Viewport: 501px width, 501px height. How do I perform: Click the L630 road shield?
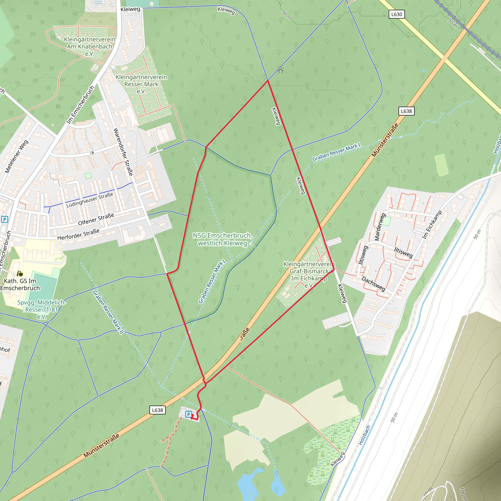(397, 14)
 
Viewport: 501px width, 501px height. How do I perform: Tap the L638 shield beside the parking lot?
(157, 410)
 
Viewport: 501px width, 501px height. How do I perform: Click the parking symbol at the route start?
(189, 414)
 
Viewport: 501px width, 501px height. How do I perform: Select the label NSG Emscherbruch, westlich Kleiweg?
(222, 239)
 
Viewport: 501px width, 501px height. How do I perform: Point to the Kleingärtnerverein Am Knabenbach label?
(90, 46)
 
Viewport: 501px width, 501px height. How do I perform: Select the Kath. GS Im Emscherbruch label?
(20, 284)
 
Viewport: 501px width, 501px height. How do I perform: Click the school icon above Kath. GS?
(20, 273)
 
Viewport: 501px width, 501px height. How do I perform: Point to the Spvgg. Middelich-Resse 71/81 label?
(42, 309)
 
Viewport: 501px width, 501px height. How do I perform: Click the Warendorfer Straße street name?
(123, 152)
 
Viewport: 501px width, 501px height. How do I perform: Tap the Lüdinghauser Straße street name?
(90, 200)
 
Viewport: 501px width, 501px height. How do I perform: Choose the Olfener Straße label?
(96, 219)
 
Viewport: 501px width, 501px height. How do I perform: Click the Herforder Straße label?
(78, 234)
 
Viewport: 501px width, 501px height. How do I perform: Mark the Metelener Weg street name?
(17, 156)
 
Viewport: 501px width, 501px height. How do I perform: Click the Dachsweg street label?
(373, 284)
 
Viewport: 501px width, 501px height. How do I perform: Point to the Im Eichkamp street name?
(432, 225)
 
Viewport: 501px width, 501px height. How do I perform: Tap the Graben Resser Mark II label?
(108, 312)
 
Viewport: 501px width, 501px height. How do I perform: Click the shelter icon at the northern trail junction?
(281, 70)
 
